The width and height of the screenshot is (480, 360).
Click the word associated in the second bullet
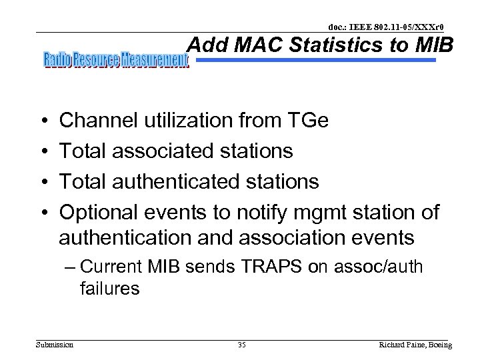(x=162, y=151)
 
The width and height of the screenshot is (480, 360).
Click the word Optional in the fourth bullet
(x=98, y=213)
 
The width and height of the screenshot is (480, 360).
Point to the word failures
(x=109, y=289)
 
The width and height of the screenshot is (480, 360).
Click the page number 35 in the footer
(x=241, y=345)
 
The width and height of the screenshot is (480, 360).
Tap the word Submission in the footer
(x=55, y=345)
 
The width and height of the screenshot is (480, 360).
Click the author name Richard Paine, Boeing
(x=415, y=345)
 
